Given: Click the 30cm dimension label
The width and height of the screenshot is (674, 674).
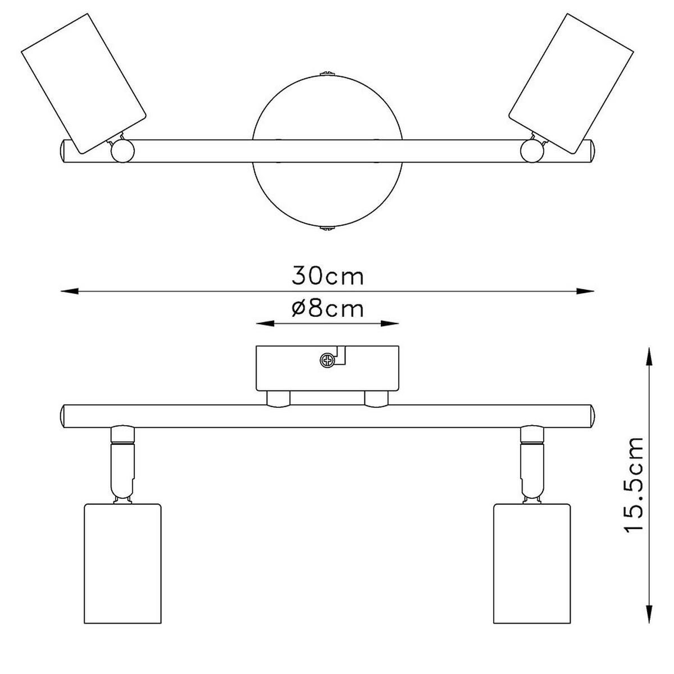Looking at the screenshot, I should pyautogui.click(x=327, y=276).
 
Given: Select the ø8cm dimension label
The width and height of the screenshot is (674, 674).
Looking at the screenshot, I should pyautogui.click(x=327, y=308).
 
